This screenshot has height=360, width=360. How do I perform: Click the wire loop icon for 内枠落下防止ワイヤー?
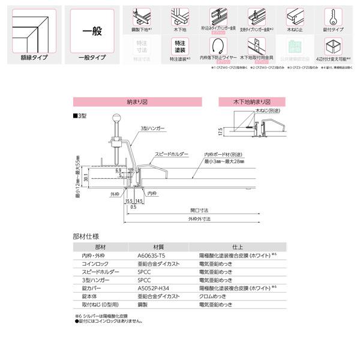[221, 47]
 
